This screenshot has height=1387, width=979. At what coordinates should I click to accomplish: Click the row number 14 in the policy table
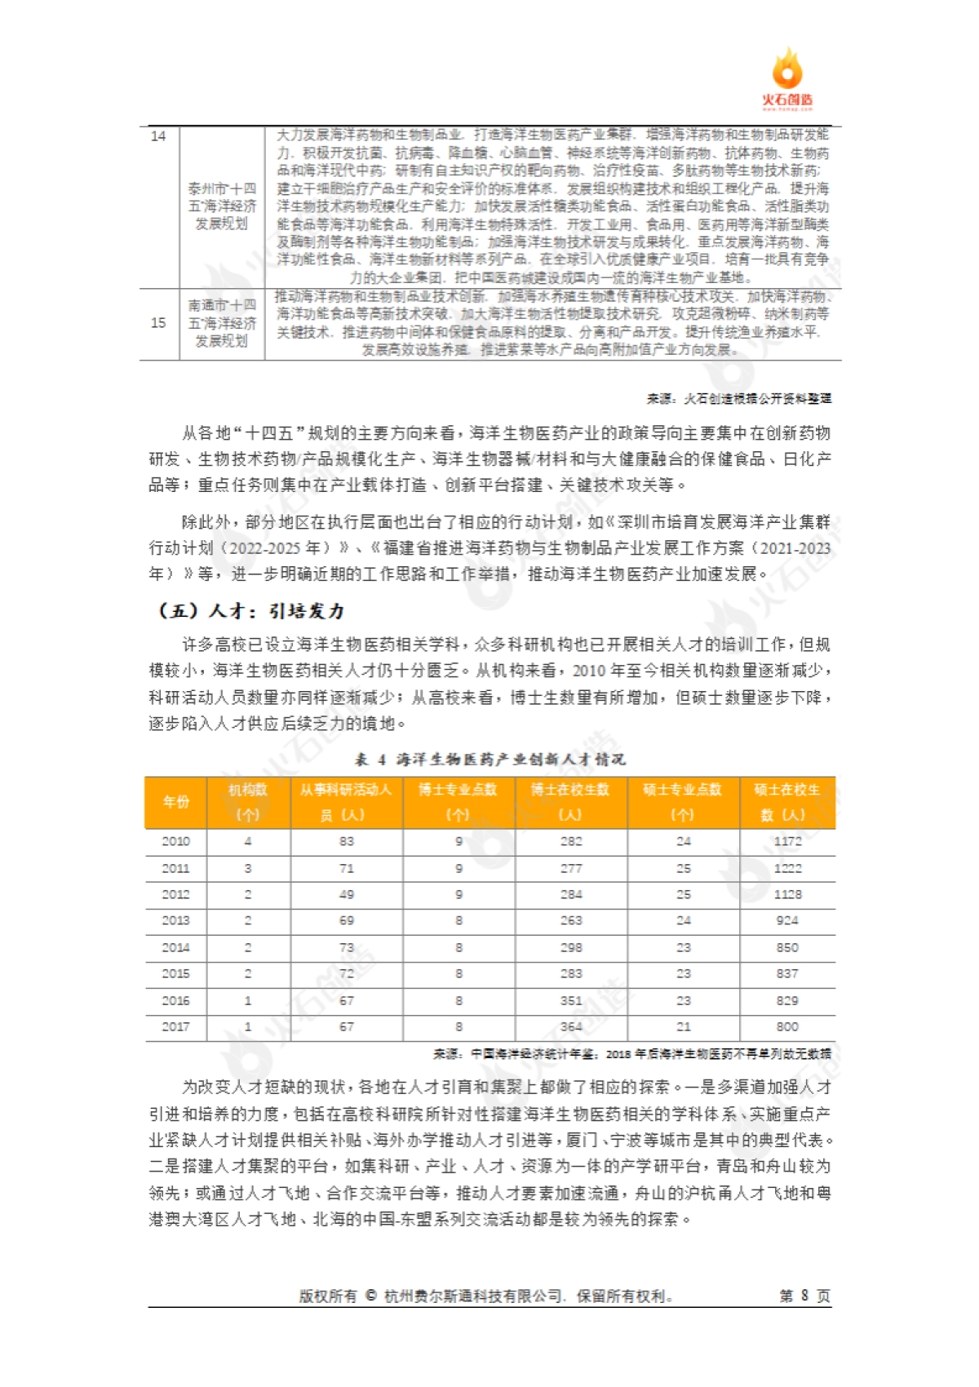tap(158, 136)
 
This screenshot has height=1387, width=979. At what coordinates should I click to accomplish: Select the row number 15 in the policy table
tap(158, 323)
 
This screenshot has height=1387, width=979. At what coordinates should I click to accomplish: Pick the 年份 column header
tap(176, 802)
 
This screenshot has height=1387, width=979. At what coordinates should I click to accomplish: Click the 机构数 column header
tap(248, 802)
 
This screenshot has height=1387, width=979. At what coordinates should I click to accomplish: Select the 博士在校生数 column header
tap(570, 802)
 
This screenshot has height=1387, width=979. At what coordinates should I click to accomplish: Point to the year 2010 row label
tap(176, 841)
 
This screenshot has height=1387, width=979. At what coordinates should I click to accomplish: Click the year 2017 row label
tap(176, 1027)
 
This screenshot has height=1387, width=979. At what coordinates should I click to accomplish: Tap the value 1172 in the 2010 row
tap(787, 841)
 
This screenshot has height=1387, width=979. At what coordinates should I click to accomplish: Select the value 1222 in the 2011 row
tap(787, 868)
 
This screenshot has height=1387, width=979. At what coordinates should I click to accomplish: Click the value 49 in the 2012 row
tap(347, 895)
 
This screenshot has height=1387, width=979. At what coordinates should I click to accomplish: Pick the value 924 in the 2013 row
tap(787, 921)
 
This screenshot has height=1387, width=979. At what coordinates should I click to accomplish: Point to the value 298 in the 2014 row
tap(571, 948)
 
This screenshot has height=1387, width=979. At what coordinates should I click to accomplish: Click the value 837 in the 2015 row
tap(787, 974)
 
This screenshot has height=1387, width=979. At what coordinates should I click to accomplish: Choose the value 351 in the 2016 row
tap(571, 1001)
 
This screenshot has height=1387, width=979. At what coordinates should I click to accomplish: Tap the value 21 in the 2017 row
tap(684, 1027)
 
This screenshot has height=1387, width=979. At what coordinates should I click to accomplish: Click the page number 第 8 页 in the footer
tap(804, 1296)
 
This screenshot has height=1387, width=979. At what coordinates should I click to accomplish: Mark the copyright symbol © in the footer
tap(370, 1296)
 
